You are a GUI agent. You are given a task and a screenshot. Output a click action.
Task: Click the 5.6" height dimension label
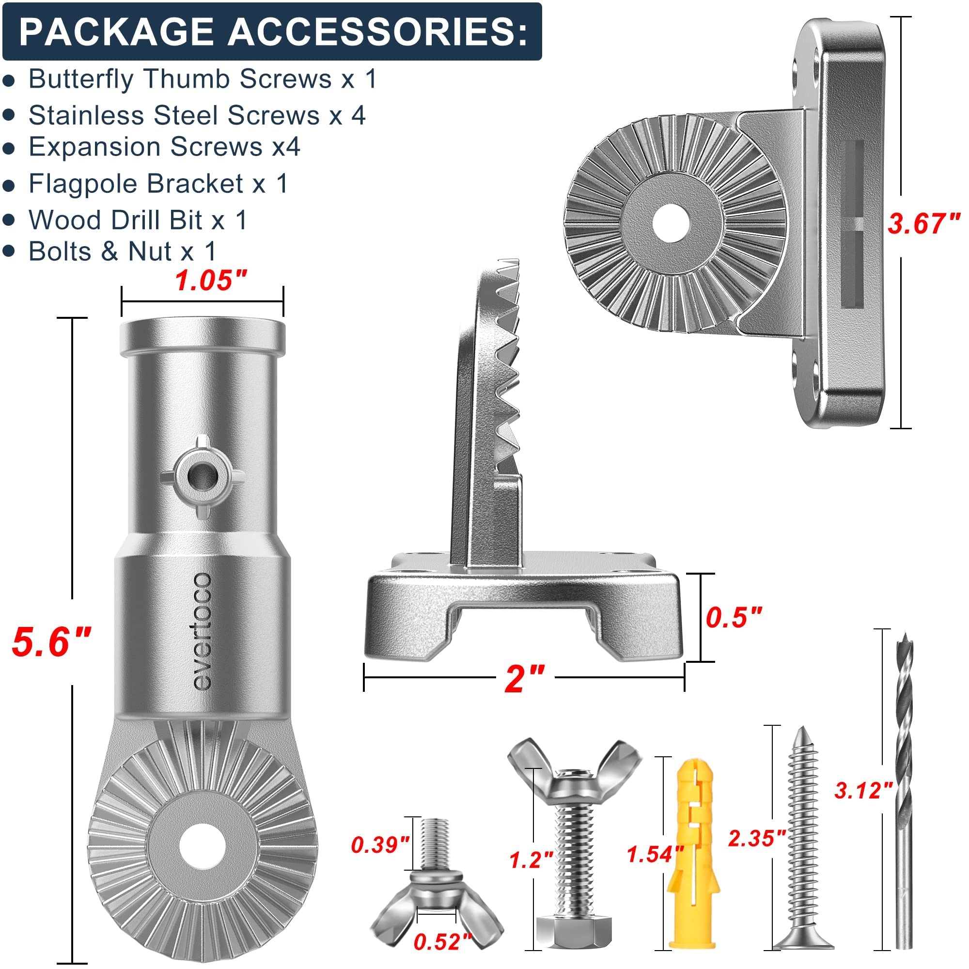[52, 642]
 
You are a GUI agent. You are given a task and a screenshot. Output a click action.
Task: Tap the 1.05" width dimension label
[211, 281]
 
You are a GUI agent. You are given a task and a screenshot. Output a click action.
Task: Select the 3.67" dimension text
[924, 223]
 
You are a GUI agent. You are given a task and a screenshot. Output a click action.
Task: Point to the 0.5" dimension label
[734, 617]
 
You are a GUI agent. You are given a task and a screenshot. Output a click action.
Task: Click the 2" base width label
[524, 679]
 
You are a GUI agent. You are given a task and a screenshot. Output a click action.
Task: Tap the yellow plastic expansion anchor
[694, 853]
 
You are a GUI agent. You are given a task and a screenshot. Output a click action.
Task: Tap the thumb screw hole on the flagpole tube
[203, 474]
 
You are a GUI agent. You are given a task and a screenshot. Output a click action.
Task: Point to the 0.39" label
[380, 845]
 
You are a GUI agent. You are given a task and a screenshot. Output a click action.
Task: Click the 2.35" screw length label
[756, 839]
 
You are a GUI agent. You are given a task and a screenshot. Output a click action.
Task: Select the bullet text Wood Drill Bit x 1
[138, 220]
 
